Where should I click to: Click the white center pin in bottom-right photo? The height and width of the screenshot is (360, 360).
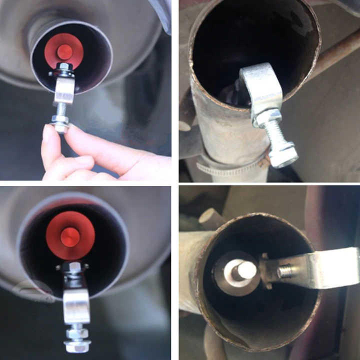246,270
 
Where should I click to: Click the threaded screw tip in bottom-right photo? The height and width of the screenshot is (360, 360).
285,271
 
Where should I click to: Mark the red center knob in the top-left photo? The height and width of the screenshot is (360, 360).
64,51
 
